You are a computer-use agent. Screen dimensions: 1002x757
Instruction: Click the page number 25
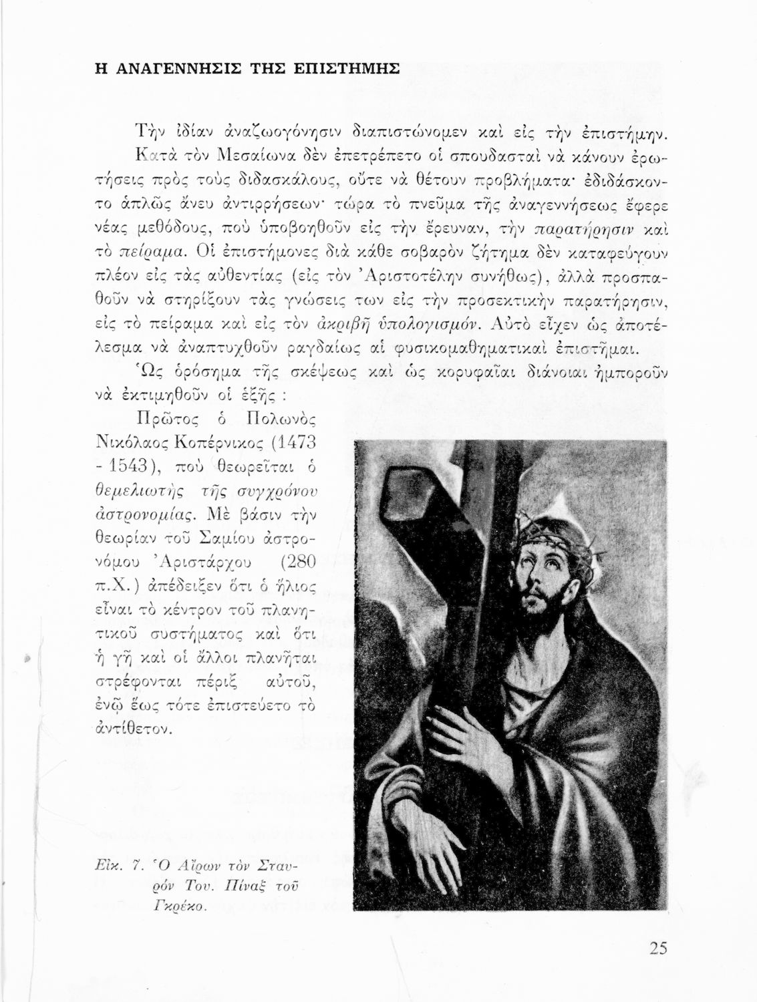(x=657, y=949)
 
